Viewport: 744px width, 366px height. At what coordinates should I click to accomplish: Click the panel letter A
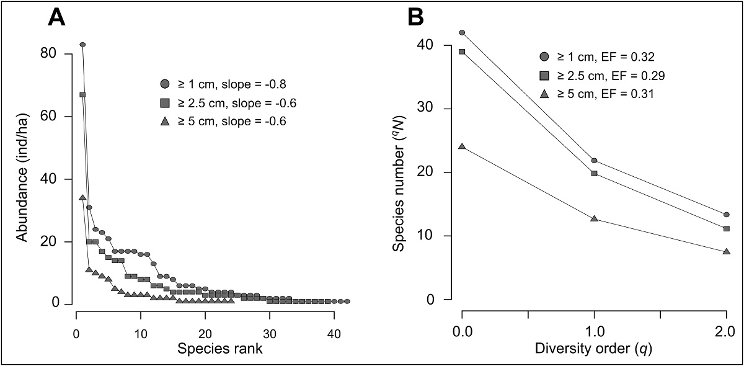coord(57,19)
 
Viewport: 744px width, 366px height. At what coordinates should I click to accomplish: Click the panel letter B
coord(415,19)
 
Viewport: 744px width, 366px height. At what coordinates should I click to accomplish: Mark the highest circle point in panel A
coord(82,45)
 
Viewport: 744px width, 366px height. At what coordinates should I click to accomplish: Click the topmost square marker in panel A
coord(82,94)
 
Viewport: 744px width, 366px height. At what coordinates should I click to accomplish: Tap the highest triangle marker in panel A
coord(82,197)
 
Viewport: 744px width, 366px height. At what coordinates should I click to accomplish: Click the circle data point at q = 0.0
coord(462,32)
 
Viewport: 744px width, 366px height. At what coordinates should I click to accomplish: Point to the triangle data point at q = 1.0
coord(595,218)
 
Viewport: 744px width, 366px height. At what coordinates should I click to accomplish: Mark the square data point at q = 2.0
coord(727,228)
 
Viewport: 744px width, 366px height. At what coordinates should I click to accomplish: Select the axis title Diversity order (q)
coord(594,349)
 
